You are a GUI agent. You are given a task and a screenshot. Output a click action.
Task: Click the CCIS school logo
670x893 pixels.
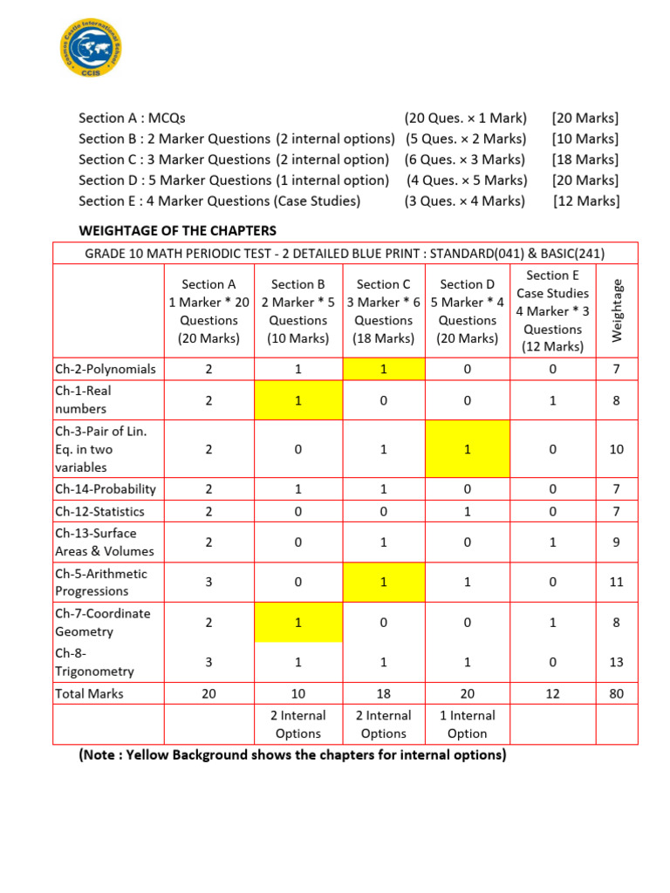pyautogui.click(x=91, y=48)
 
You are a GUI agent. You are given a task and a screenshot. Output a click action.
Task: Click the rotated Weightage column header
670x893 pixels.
pyautogui.click(x=618, y=310)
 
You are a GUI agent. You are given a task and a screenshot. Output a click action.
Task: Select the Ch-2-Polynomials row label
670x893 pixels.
pyautogui.click(x=106, y=369)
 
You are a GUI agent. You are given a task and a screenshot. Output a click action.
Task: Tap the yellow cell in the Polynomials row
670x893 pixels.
pyautogui.click(x=383, y=369)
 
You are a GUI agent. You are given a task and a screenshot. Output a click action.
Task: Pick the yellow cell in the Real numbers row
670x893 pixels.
pyautogui.click(x=297, y=399)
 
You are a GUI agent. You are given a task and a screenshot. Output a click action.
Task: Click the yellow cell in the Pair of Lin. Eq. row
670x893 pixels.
pyautogui.click(x=468, y=449)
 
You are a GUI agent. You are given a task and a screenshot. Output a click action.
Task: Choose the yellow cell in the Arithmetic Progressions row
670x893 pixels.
pyautogui.click(x=383, y=582)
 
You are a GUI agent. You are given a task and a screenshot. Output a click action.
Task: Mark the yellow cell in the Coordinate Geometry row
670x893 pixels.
pyautogui.click(x=297, y=622)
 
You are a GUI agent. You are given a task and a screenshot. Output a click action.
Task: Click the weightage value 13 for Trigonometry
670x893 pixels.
pyautogui.click(x=617, y=662)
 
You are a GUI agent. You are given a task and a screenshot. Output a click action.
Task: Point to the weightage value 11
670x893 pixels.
pyautogui.click(x=617, y=582)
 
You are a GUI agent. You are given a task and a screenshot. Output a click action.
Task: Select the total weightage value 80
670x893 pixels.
pyautogui.click(x=617, y=694)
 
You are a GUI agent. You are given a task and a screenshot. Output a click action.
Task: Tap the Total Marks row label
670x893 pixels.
pyautogui.click(x=89, y=694)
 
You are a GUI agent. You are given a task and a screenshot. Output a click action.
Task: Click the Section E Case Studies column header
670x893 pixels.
pyautogui.click(x=553, y=310)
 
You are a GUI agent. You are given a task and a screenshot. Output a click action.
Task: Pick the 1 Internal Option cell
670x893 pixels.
pyautogui.click(x=468, y=724)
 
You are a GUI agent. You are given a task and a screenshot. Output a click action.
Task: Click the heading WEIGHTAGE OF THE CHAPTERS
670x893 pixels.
pyautogui.click(x=178, y=231)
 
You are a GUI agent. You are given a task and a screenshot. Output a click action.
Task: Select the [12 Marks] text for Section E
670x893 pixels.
pyautogui.click(x=586, y=201)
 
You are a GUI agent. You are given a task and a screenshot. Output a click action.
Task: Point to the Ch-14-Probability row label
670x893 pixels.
pyautogui.click(x=106, y=489)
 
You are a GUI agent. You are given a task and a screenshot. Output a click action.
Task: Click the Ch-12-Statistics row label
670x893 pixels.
pyautogui.click(x=99, y=511)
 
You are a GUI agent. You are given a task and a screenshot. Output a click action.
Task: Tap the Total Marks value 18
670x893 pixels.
pyautogui.click(x=383, y=694)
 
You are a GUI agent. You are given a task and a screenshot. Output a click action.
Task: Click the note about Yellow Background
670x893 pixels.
pyautogui.click(x=292, y=755)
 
